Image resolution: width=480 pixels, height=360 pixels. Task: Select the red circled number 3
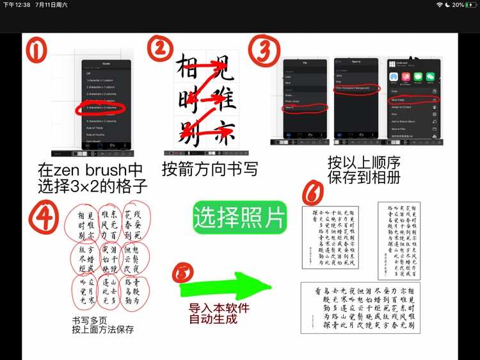263,49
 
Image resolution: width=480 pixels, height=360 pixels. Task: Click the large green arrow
221,288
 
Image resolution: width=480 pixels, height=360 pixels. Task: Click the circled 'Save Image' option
412,101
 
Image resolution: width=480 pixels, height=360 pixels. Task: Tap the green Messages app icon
418,76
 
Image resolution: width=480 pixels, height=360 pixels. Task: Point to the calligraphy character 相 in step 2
186,67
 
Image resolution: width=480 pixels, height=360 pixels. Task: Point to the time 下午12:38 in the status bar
16,4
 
